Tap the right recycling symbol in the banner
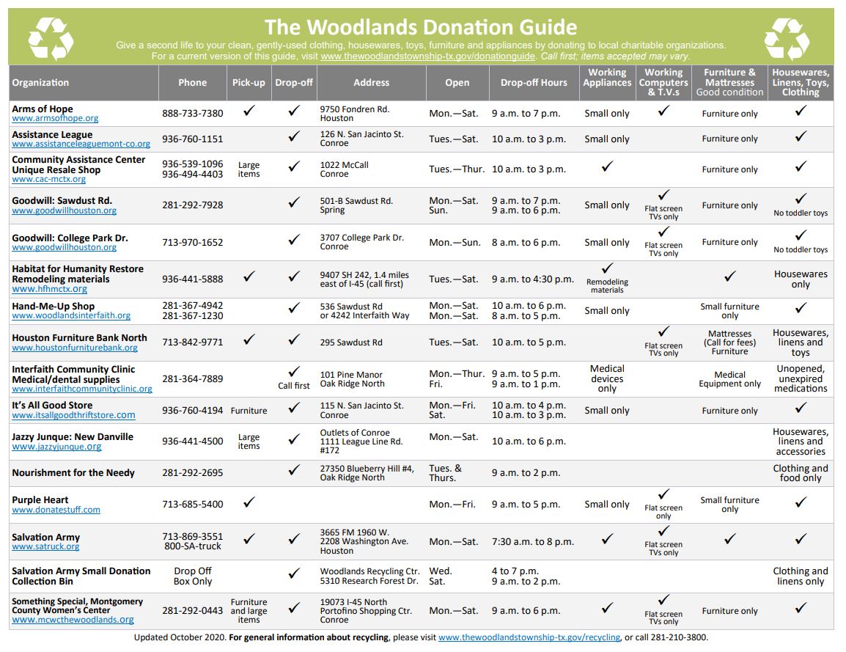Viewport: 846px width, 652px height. coord(787,38)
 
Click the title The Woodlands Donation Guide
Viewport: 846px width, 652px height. coord(420,27)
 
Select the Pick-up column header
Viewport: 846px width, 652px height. coord(249,83)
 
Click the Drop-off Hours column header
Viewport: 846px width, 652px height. coord(534,83)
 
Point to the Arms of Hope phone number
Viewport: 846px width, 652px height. coord(193,113)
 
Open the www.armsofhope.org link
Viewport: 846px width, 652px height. coord(55,118)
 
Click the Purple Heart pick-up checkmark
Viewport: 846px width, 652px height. coord(249,503)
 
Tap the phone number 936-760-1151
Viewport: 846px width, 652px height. coord(193,139)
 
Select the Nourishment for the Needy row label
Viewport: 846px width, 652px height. coord(73,473)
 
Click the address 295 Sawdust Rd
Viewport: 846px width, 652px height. coord(351,343)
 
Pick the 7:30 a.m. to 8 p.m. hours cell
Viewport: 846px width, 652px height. coord(533,541)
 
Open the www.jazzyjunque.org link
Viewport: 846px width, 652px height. coord(56,447)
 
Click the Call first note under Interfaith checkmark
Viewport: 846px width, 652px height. coord(294,386)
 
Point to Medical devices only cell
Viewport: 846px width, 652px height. coord(607,378)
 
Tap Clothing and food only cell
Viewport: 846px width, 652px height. coord(801,473)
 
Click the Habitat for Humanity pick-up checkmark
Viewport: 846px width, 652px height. coord(249,277)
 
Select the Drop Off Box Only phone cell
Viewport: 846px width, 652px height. coord(193,576)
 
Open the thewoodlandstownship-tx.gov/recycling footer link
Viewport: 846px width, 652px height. coord(529,637)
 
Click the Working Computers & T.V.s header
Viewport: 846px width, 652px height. coord(663,82)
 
